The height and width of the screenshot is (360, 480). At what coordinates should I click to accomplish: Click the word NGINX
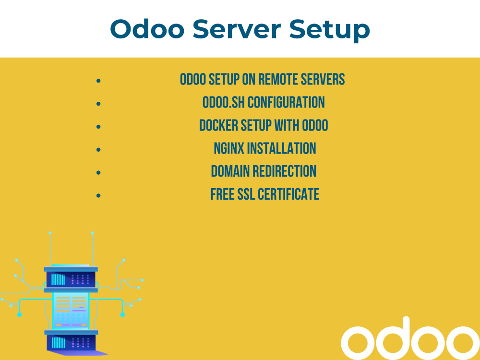click(228, 148)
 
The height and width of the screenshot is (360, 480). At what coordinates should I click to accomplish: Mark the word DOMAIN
click(230, 171)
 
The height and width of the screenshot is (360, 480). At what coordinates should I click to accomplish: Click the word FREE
click(222, 194)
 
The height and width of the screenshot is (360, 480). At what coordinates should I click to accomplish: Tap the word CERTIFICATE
click(288, 194)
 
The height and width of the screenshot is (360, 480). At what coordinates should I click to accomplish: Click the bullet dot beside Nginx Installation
click(98, 149)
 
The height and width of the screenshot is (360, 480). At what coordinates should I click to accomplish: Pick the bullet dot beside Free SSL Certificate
click(98, 195)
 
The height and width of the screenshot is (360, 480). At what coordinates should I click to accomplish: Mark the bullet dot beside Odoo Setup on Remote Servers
click(98, 80)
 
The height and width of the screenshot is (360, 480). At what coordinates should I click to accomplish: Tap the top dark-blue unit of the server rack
click(71, 279)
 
